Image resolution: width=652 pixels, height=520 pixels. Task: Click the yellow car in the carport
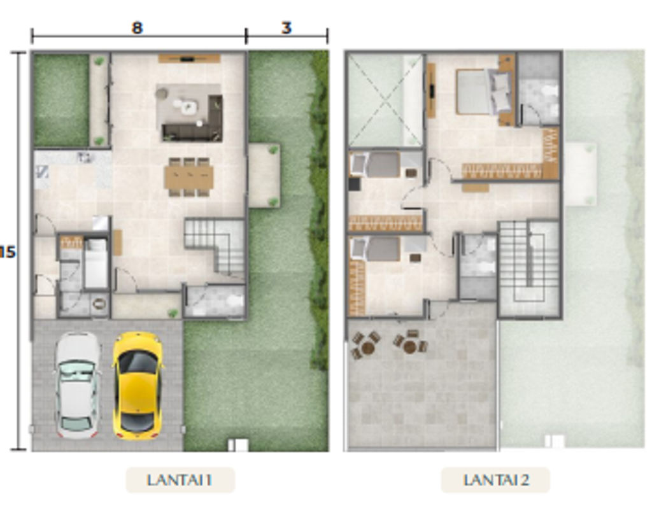click(138, 386)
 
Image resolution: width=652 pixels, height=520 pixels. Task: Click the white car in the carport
click(77, 386)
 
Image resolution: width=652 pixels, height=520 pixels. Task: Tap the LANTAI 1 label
click(180, 480)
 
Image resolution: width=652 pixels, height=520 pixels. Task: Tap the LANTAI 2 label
click(495, 480)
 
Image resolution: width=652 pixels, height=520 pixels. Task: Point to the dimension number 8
click(138, 28)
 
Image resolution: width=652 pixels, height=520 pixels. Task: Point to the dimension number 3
click(287, 28)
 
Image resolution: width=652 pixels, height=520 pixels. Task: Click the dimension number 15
click(7, 252)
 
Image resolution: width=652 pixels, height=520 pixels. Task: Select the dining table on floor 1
click(189, 178)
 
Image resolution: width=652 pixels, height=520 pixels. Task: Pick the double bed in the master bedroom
click(483, 92)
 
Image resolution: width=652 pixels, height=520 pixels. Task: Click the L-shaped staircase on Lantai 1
click(215, 247)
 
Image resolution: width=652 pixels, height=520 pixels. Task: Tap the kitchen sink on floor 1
click(86, 157)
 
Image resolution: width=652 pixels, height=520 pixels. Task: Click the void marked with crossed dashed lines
click(385, 100)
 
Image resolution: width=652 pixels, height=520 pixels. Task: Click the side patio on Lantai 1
click(264, 176)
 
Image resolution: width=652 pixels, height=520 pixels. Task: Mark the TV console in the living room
click(188, 59)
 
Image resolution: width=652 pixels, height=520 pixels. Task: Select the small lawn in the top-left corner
click(62, 100)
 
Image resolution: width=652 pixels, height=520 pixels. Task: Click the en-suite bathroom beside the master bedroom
click(539, 89)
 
